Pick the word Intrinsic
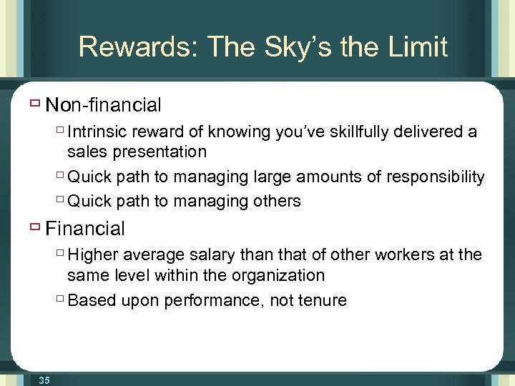pos(97,132)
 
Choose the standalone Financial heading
pos(85,229)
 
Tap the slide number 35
pos(44,380)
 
